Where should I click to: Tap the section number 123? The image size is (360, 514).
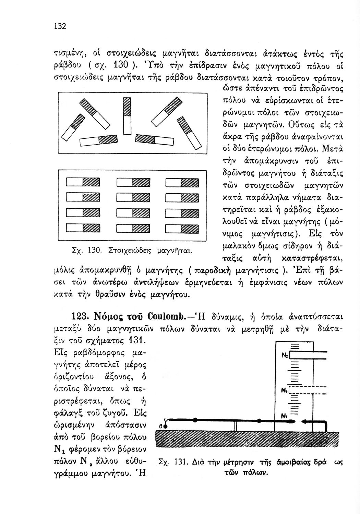(x=80, y=316)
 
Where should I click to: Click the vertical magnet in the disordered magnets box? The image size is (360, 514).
(x=127, y=116)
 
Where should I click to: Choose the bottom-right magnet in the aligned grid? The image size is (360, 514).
(x=182, y=227)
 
